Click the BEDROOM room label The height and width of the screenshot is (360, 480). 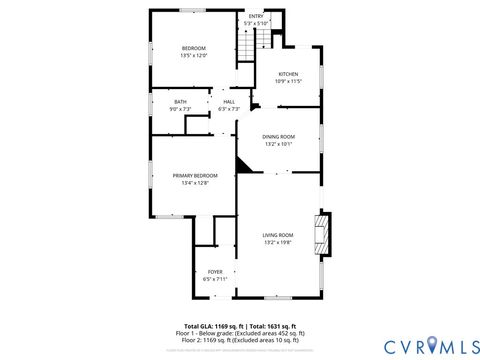pos(193,49)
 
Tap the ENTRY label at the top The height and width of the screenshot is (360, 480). pos(256,16)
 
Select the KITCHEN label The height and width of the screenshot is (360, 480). pos(288,74)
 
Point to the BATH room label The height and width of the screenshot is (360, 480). pos(180,101)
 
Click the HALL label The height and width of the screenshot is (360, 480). pos(229,101)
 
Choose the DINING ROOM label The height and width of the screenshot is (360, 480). pos(279,136)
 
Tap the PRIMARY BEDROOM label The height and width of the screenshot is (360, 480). pos(194,175)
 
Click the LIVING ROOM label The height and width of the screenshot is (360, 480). pos(278,234)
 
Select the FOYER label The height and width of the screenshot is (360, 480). pos(215,271)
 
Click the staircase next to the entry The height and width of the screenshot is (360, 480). pos(245,46)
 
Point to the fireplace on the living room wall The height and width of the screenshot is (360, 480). pos(321,234)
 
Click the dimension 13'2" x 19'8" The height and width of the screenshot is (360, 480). pos(278,242)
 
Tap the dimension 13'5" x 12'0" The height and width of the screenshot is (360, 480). pos(193,56)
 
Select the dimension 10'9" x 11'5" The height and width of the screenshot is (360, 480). pos(288,81)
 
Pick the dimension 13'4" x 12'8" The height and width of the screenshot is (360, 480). pos(194,183)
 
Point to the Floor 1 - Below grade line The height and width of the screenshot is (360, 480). pos(240,333)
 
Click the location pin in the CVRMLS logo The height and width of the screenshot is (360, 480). pos(432,345)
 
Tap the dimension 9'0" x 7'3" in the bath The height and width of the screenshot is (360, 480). pos(180,108)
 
